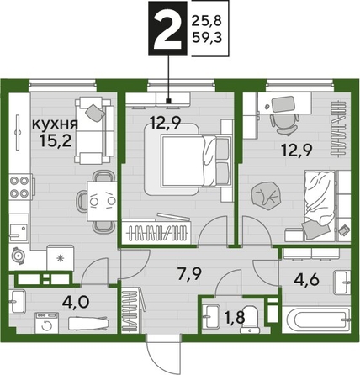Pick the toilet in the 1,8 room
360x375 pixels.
[209, 318]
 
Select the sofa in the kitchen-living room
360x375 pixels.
[91, 131]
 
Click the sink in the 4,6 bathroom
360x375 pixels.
[339, 279]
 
